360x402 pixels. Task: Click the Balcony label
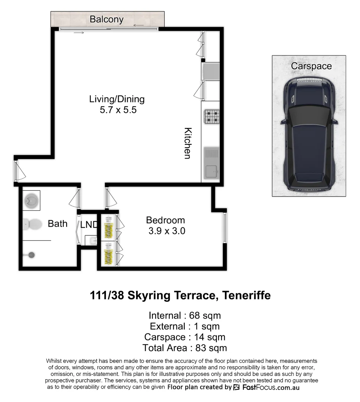[106, 19]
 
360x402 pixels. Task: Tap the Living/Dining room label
[116, 99]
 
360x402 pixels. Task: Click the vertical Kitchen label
[188, 143]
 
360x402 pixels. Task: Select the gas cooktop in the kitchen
[211, 117]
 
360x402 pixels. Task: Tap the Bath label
[58, 224]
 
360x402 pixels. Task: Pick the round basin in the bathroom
[31, 201]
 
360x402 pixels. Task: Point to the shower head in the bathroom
[32, 255]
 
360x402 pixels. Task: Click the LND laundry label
[89, 225]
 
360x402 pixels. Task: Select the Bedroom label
[165, 220]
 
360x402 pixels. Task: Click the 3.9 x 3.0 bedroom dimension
[167, 231]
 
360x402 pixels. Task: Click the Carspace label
[311, 66]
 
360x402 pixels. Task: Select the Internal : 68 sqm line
[184, 316]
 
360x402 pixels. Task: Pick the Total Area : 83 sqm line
[184, 348]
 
